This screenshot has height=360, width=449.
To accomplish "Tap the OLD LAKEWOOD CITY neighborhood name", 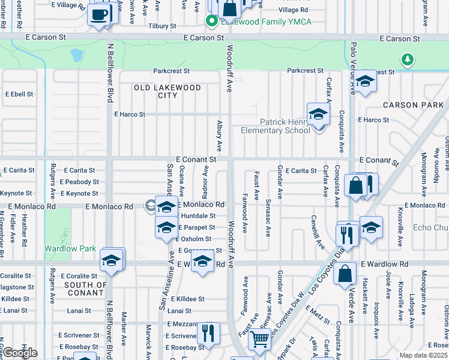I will click(x=159, y=91).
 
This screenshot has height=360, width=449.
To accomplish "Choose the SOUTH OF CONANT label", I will click(x=85, y=289).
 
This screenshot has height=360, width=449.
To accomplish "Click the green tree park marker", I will click(x=408, y=59).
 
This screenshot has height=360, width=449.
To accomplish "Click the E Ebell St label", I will click(x=19, y=94).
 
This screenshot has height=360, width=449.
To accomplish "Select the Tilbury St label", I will click(x=162, y=26).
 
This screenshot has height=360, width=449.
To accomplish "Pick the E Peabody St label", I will click(x=79, y=182).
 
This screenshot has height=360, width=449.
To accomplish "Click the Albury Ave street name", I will click(x=219, y=135).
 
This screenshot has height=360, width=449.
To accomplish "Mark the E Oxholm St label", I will click(x=194, y=239).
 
